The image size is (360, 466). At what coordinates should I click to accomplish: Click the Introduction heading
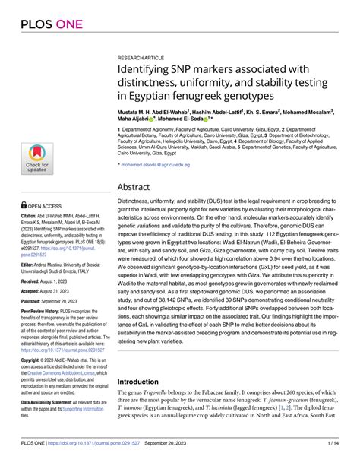149,360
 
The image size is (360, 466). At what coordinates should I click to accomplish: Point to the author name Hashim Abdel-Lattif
221,110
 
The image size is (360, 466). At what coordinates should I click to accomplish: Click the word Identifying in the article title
144,71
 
